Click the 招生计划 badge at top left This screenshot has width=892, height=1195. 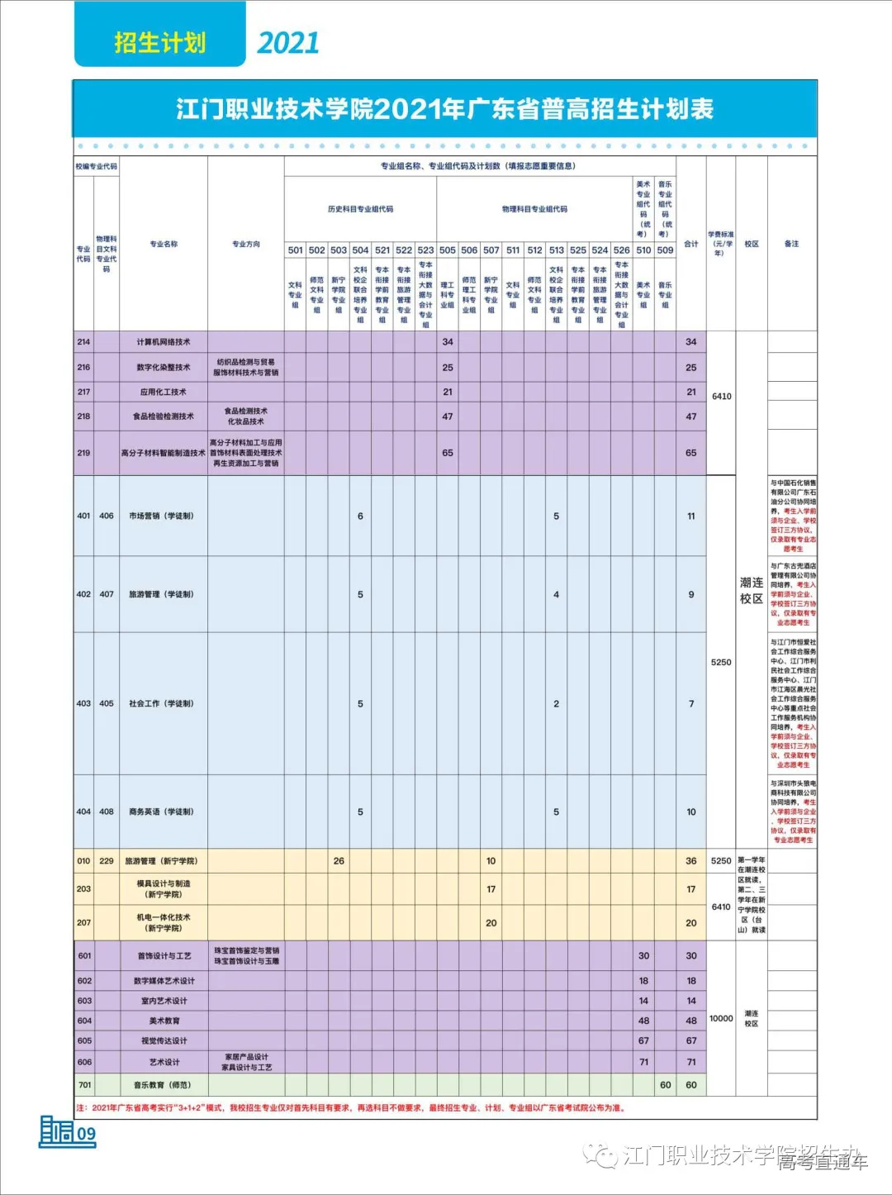click(159, 42)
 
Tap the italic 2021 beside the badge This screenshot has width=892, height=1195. click(288, 43)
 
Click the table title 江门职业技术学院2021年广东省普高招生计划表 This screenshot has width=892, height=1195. click(444, 109)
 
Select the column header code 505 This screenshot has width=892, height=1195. click(448, 250)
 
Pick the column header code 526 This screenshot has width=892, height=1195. click(622, 250)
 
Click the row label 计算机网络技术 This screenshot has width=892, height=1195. click(164, 342)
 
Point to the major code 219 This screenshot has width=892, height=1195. click(83, 453)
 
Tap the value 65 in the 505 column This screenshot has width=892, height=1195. click(448, 453)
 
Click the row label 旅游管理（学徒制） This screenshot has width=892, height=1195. click(162, 594)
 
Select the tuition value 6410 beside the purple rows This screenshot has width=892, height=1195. click(722, 397)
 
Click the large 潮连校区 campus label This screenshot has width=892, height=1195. click(752, 590)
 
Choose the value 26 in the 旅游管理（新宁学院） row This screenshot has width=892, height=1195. click(339, 861)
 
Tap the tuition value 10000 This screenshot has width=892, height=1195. click(721, 1019)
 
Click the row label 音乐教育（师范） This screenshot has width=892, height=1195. click(163, 1085)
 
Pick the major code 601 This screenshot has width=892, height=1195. click(84, 955)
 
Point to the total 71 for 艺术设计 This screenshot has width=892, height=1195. click(691, 1062)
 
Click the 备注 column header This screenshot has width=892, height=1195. click(791, 244)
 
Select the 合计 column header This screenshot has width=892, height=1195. click(691, 244)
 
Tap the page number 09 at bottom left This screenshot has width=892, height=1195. click(87, 1134)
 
